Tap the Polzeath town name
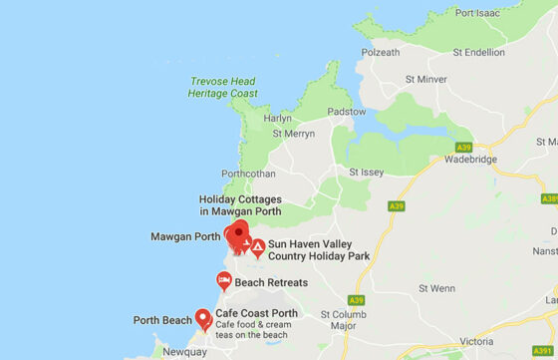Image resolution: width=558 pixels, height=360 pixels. click(x=382, y=52)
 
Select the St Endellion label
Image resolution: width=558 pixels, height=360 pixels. click(x=480, y=52)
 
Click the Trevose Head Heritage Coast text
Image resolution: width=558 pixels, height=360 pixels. click(x=221, y=88)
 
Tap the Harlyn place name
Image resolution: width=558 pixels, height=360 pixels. click(x=277, y=118)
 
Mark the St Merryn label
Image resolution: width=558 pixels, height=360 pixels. click(x=293, y=134)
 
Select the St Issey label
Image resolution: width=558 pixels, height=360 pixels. click(x=366, y=172)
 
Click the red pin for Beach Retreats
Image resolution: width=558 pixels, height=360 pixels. click(x=224, y=282)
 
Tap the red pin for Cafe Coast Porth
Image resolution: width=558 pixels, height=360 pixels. click(x=203, y=318)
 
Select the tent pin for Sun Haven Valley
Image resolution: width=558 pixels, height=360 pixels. click(x=257, y=247)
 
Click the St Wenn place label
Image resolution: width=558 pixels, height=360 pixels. click(x=436, y=288)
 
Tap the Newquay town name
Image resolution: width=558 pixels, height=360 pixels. click(x=183, y=352)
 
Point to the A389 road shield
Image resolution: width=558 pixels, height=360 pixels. click(x=550, y=198)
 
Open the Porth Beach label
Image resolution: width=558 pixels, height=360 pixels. click(x=162, y=320)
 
